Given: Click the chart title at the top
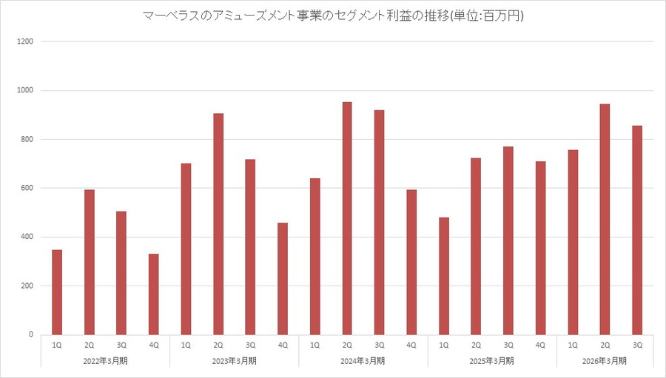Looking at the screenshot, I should [333, 16].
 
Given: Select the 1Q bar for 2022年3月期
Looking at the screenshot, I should [57, 292].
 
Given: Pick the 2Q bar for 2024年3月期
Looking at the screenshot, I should [347, 218].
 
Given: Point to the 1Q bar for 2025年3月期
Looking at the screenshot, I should [444, 276].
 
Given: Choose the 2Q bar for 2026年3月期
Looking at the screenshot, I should [605, 220].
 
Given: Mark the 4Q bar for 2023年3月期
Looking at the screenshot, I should [283, 279].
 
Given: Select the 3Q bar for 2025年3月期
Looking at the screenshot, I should [508, 240].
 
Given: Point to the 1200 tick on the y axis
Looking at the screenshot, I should [26, 41].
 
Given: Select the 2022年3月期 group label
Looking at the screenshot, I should [105, 360].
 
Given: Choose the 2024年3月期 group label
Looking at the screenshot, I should [363, 360].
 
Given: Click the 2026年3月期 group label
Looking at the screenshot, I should [605, 360].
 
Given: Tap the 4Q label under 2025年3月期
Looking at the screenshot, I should [540, 345].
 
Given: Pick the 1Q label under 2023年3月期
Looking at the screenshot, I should [186, 345].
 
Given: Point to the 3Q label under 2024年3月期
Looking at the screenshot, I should [380, 345].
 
